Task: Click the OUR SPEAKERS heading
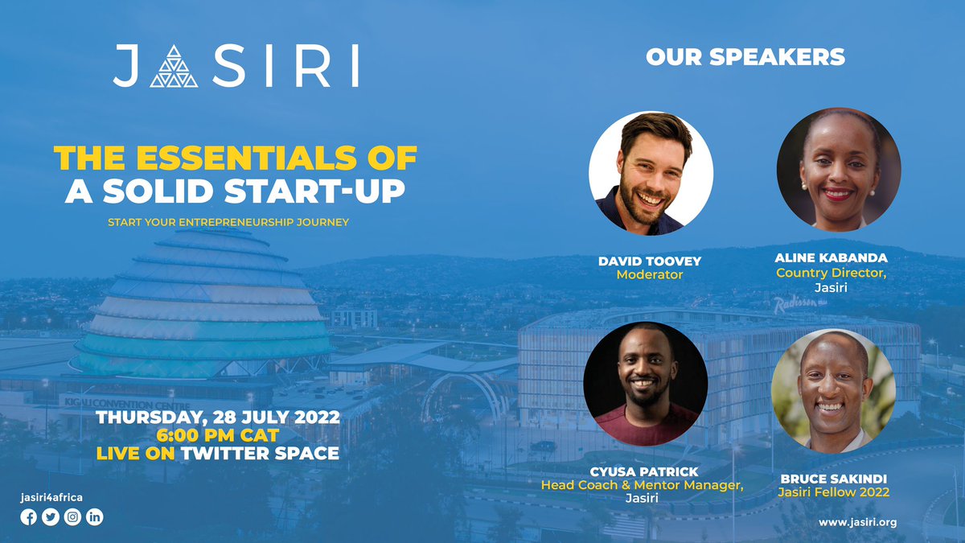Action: tap(745, 57)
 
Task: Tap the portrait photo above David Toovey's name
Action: tap(651, 174)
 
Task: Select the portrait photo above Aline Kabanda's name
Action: tap(838, 170)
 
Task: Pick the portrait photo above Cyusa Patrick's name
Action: tap(646, 384)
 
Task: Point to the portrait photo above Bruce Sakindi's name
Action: tap(833, 390)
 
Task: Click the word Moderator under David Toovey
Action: tap(649, 275)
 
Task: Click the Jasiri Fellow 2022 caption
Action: tap(834, 492)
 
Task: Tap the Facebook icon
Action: tap(29, 517)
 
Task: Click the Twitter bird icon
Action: tap(51, 517)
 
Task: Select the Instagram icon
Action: tap(72, 517)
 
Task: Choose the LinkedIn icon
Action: tap(95, 517)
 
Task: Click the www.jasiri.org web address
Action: tap(857, 522)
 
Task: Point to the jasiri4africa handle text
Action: tap(51, 498)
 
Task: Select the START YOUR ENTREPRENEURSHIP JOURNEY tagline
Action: tap(228, 221)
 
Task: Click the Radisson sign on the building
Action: tap(796, 304)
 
